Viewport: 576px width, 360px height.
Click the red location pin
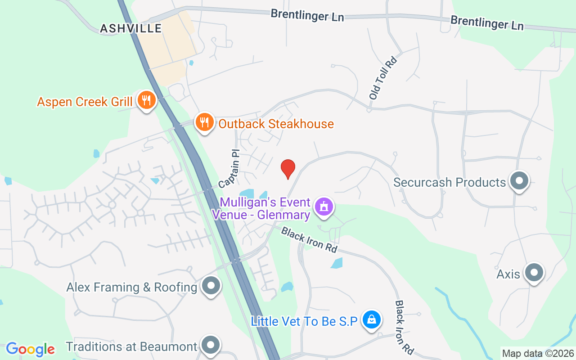coord(288,169)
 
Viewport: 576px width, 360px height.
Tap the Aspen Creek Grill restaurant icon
coord(145,100)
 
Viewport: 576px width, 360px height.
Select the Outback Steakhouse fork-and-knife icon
coord(204,121)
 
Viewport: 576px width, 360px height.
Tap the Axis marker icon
coord(534,272)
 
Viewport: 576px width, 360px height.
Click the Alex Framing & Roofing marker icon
coord(211,285)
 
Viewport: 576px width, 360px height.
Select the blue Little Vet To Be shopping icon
coord(371,320)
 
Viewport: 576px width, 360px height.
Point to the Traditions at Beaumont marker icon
coord(210,345)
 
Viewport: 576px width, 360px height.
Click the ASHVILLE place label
coord(130,28)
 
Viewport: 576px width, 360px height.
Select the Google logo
coord(30,349)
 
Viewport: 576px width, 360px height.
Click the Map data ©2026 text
coord(538,354)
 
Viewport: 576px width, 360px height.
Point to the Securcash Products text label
coord(449,182)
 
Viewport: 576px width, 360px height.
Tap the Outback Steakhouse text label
coord(276,124)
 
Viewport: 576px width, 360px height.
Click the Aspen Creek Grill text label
coord(85,102)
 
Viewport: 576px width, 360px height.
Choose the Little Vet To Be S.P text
coord(304,322)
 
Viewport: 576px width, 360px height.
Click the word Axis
coord(508,274)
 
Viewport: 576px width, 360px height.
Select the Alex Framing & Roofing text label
coord(132,287)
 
